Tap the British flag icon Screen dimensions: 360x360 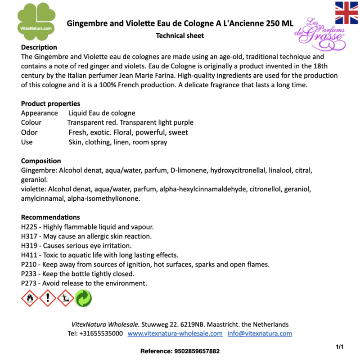pos(346,13)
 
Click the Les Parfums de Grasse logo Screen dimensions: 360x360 pos(320,35)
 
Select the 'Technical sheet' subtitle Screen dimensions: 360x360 pos(180,36)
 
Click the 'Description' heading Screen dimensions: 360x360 pos(39,47)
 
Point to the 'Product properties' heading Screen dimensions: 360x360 pos(50,103)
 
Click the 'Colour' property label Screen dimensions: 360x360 pos(31,122)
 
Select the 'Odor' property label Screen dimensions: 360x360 pos(29,132)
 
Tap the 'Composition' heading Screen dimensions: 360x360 pos(41,161)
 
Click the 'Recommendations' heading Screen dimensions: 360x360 pos(50,217)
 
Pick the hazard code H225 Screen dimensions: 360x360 pos(30,226)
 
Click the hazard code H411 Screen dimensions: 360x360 pos(30,255)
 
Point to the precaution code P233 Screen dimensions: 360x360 pos(29,274)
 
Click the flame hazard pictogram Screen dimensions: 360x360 pos(30,298)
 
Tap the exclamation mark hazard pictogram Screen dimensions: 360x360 pos(48,298)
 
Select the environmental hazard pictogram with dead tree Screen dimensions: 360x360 pos(66,298)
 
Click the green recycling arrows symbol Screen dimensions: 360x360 pos(83,298)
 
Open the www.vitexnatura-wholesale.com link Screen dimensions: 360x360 pos(175,333)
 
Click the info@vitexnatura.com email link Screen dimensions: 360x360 pos(260,333)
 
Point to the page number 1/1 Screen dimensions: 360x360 pos(340,346)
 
